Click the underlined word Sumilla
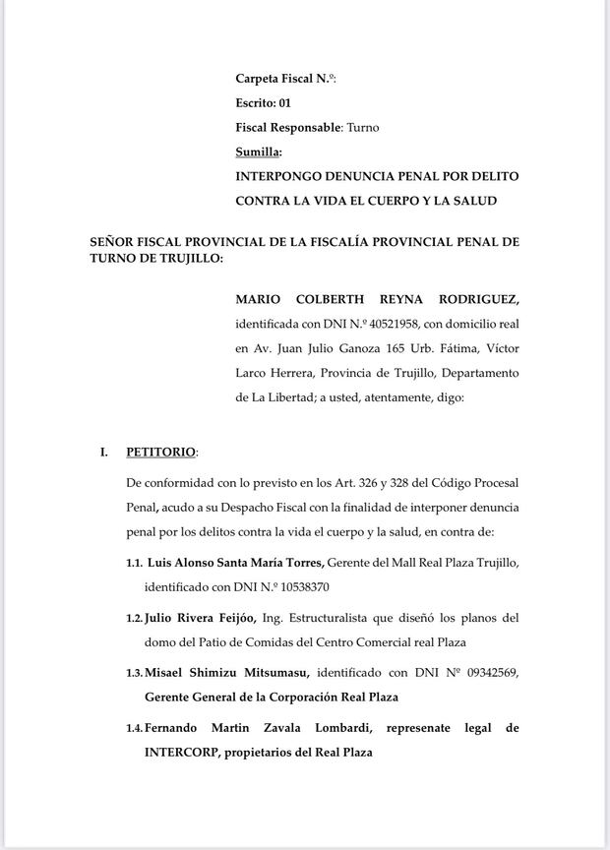[x=257, y=152]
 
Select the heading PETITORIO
[x=160, y=453]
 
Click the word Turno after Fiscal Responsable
[x=362, y=127]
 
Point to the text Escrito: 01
[x=263, y=102]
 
